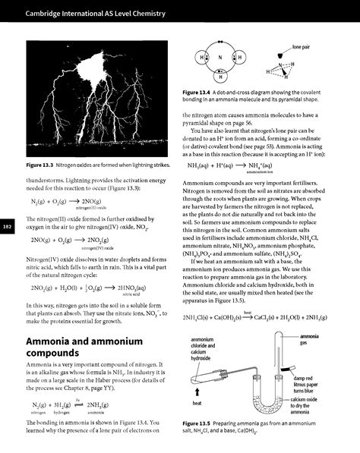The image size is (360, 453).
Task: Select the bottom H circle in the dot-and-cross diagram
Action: pos(220,75)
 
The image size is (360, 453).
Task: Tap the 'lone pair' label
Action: pos(302,47)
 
